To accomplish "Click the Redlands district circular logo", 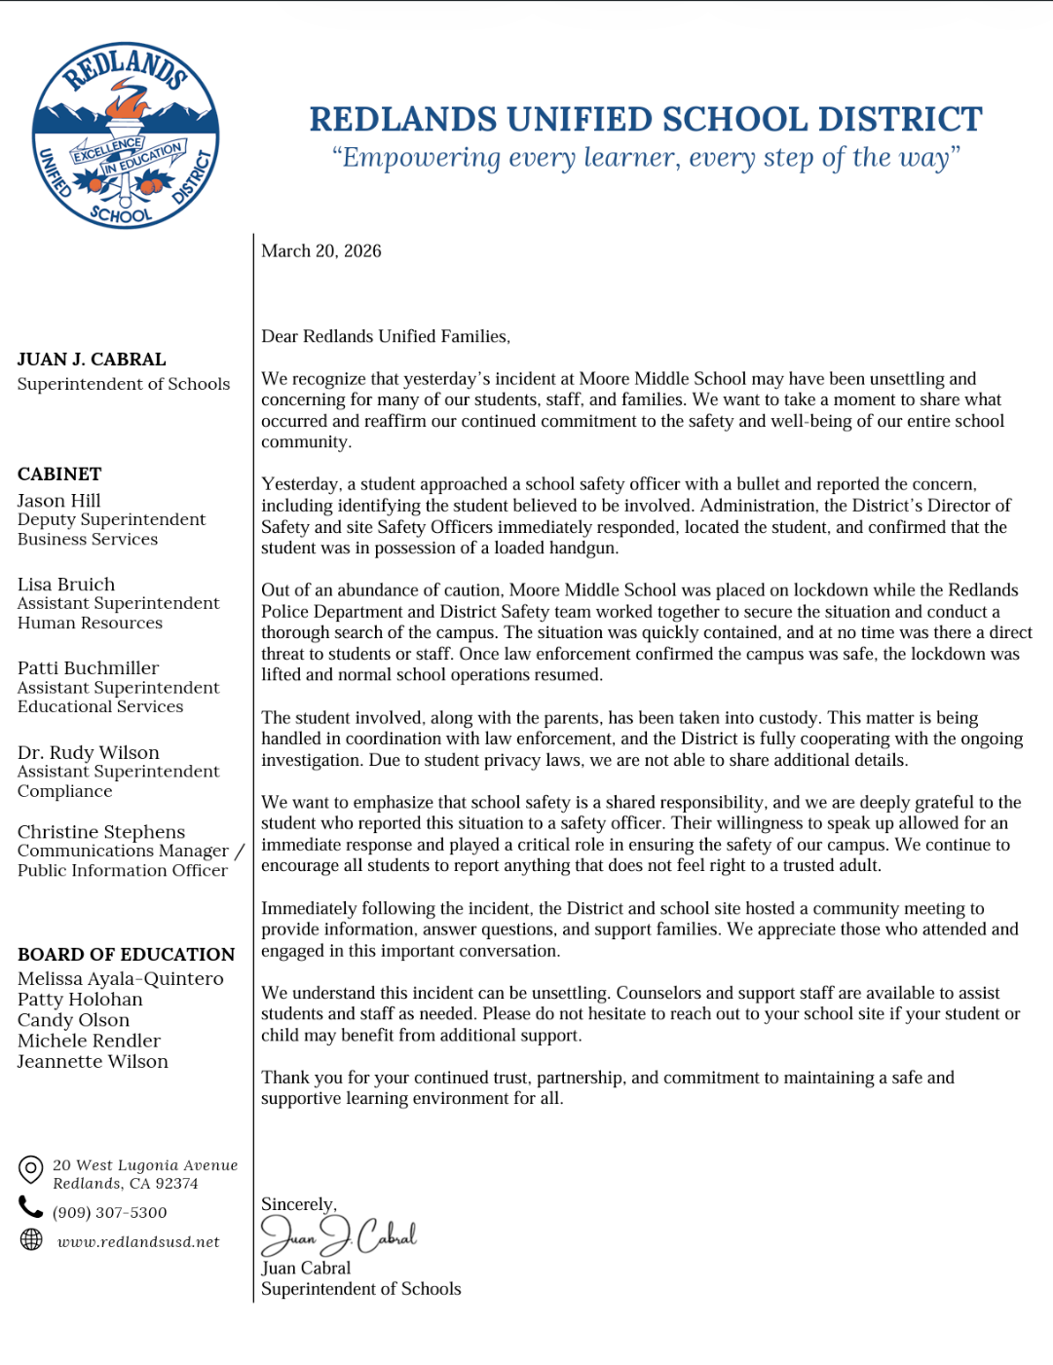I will (x=126, y=135).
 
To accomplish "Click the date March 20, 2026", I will (x=321, y=251).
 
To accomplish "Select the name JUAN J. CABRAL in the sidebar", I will (x=92, y=360).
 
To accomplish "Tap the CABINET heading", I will (x=59, y=474).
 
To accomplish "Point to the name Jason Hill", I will (x=58, y=501).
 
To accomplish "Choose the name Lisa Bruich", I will (x=66, y=585).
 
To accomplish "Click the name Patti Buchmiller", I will (x=88, y=668).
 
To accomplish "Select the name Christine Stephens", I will (x=101, y=832).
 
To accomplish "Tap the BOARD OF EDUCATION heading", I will (x=127, y=955).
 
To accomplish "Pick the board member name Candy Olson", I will (x=73, y=1020).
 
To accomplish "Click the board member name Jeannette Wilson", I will (x=93, y=1062).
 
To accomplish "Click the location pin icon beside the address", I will (x=31, y=1168).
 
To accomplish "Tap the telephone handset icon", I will (x=31, y=1208).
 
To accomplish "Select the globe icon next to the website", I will (x=32, y=1239).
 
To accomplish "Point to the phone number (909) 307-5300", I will (x=110, y=1213).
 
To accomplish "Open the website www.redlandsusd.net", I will (x=138, y=1242).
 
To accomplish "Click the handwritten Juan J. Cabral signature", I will (x=338, y=1235).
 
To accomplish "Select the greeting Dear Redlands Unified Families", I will (x=386, y=336).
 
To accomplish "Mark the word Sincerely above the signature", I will (x=298, y=1204).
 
